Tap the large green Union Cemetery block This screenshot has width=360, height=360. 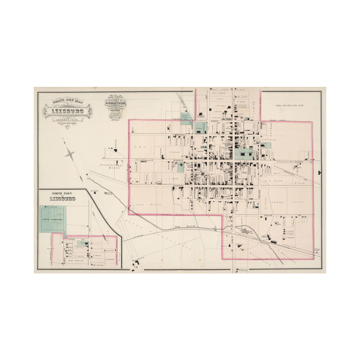click(53, 218)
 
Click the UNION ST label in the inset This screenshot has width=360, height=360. click(74, 239)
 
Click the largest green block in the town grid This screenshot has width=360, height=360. click(245, 153)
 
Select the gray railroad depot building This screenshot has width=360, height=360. click(245, 231)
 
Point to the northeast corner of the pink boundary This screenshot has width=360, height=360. click(313, 121)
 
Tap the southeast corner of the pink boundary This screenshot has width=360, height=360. click(313, 216)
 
